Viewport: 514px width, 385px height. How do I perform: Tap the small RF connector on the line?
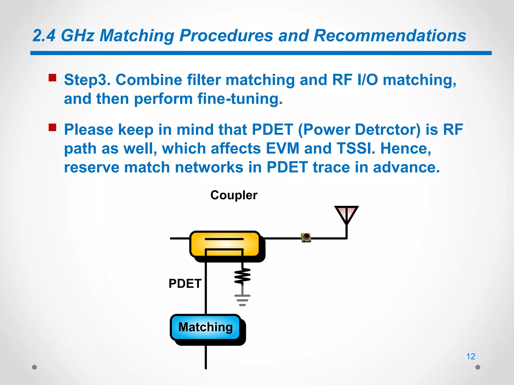coord(306,237)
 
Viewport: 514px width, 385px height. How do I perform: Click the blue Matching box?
coord(205,327)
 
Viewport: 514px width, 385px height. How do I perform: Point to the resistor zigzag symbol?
coord(242,276)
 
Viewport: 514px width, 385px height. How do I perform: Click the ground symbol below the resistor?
coord(242,300)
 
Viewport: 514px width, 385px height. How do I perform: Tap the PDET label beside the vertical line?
coord(185,283)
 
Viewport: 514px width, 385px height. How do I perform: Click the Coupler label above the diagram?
coord(234,195)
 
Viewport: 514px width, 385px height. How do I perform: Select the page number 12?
coord(471,356)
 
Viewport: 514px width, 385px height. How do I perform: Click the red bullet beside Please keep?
coord(52,127)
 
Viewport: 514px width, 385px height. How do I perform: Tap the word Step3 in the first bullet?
coord(87,80)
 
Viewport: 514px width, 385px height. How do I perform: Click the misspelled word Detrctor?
coord(388,130)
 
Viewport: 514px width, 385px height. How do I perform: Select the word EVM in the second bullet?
coord(282,148)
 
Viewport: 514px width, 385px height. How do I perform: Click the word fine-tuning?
coord(240,99)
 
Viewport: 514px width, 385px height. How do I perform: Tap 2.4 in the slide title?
coord(44,35)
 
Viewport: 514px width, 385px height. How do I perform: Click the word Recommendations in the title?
coord(390,35)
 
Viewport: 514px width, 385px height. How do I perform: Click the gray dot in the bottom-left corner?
coord(35,367)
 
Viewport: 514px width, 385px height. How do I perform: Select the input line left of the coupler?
coord(180,238)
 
